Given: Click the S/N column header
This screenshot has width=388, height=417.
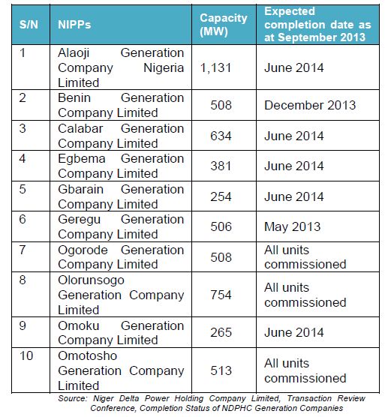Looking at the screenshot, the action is click(x=29, y=25).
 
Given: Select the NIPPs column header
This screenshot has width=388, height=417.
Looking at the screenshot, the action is click(x=74, y=25).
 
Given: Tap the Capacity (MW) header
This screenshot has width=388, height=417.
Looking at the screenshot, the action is click(x=224, y=25).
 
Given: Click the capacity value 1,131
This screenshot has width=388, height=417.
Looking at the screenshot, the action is click(x=215, y=67).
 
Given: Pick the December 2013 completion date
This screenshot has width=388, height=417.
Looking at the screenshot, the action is click(x=310, y=105).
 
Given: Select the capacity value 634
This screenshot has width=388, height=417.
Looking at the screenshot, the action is click(x=221, y=136).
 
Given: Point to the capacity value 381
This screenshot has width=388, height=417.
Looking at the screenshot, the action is click(x=221, y=166).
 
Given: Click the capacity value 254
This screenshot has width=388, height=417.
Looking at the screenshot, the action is click(x=221, y=196).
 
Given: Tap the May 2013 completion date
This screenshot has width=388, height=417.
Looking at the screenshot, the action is click(x=292, y=226).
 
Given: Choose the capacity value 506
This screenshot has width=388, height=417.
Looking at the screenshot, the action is click(x=221, y=226).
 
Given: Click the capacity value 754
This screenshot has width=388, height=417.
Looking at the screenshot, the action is click(x=221, y=295).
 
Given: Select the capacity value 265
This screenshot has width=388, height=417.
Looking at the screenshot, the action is click(x=221, y=332).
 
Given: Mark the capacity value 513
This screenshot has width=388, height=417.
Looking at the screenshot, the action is click(x=221, y=370).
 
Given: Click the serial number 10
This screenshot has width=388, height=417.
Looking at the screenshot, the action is click(x=26, y=355).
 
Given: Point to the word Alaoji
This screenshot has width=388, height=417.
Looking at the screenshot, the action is click(x=74, y=53).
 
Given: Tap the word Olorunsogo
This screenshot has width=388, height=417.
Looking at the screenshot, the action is click(x=91, y=280).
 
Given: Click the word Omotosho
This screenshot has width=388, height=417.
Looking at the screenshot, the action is click(x=88, y=355).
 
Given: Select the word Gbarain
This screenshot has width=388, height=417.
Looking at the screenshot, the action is click(x=80, y=189).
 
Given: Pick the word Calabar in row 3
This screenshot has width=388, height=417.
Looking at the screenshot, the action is click(x=80, y=129).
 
